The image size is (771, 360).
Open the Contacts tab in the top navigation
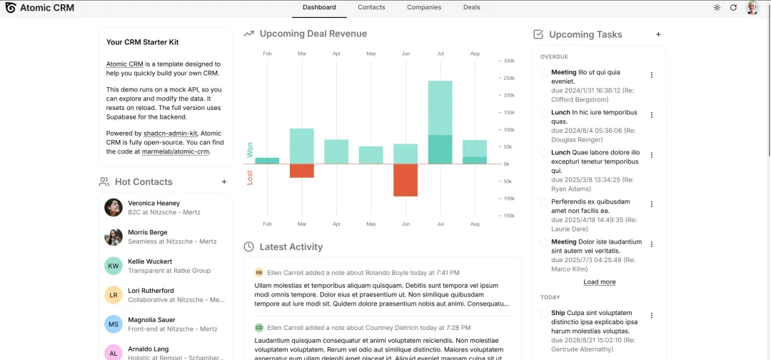click(x=371, y=7)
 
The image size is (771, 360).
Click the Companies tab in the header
click(x=424, y=7)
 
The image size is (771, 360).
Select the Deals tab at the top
click(x=472, y=7)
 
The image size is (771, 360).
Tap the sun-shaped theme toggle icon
click(x=717, y=7)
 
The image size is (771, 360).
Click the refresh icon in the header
click(x=733, y=7)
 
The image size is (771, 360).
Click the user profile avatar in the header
click(x=752, y=7)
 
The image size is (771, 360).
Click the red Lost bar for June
click(x=405, y=180)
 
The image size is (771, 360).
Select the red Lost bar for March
click(x=302, y=171)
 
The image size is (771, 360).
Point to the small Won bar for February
click(x=267, y=161)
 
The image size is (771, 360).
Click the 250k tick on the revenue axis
click(x=508, y=78)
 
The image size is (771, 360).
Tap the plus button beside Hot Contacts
click(x=224, y=182)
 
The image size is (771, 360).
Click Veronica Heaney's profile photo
click(x=114, y=208)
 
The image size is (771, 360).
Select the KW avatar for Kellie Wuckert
click(x=114, y=266)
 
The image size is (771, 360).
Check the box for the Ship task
click(x=544, y=314)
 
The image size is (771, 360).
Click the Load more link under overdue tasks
click(x=600, y=282)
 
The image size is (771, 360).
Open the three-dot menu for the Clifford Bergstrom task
click(x=652, y=75)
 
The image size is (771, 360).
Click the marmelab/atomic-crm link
click(x=176, y=152)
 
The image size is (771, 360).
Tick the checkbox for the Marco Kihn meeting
click(x=544, y=242)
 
